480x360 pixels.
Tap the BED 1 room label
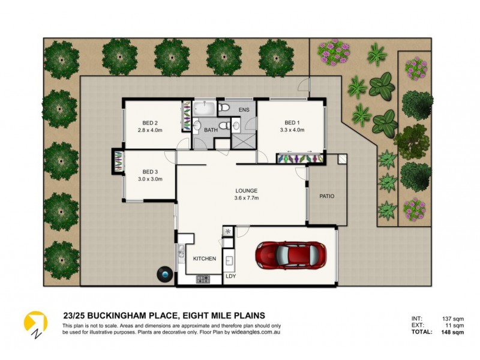(292, 121)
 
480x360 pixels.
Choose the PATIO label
(327, 196)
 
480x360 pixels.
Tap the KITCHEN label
(204, 259)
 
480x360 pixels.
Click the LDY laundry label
(230, 277)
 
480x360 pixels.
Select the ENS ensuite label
(244, 110)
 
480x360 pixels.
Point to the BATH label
(210, 129)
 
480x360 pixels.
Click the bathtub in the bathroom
(203, 109)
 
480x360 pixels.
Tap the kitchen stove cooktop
(203, 278)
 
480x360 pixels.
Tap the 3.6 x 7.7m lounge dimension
(247, 200)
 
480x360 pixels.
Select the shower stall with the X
(244, 142)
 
